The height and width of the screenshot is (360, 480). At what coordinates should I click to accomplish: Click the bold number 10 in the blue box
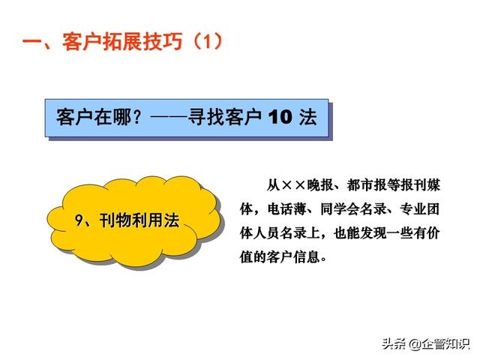coord(280,117)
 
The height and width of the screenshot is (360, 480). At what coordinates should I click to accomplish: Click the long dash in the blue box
coord(169,117)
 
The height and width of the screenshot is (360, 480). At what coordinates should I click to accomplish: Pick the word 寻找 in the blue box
coord(206,117)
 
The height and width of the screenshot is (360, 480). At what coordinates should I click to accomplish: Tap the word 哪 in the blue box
coord(122,117)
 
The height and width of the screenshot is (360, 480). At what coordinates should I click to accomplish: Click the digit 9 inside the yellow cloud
coord(79,220)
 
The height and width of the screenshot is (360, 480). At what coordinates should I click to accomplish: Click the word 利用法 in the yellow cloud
coord(155,220)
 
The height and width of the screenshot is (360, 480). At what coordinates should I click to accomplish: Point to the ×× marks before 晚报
coord(293,185)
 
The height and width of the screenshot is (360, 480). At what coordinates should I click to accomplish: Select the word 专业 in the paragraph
coord(413,209)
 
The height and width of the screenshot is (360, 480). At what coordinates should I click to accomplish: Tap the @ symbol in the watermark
coord(415,344)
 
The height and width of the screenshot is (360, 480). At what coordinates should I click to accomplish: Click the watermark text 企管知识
coord(445,344)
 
